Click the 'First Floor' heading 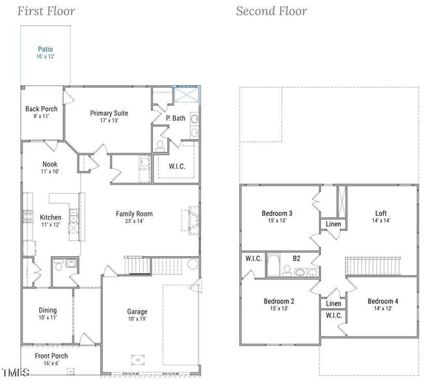[x=46, y=11]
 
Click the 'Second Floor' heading [x=271, y=11]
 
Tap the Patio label [x=45, y=49]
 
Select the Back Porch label [x=41, y=109]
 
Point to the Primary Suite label [x=109, y=113]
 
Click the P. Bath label [x=176, y=118]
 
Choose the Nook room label [x=50, y=164]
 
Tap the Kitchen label [x=51, y=218]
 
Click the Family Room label [x=134, y=214]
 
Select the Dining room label [x=48, y=311]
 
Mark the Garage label [x=137, y=312]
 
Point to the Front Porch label [x=51, y=356]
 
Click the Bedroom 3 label [x=277, y=213]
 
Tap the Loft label [x=381, y=213]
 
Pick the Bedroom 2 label [x=279, y=302]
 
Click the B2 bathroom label [x=296, y=259]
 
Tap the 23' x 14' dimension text [x=134, y=221]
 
